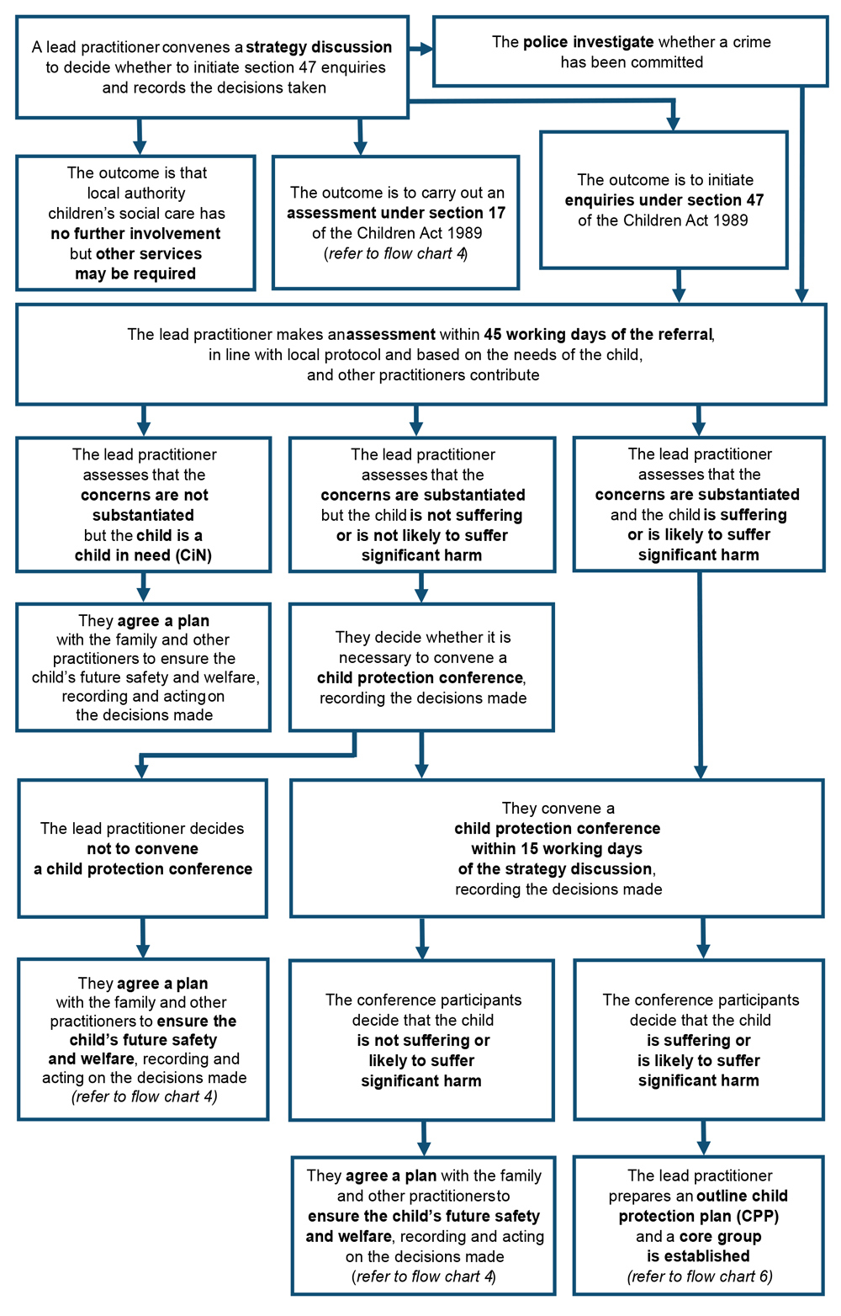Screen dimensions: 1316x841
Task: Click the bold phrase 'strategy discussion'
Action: click(319, 47)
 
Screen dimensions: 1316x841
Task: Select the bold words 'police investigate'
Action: click(588, 42)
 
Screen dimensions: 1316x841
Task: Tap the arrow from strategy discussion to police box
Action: click(420, 50)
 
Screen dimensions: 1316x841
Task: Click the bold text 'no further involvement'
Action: click(135, 234)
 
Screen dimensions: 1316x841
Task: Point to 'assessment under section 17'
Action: click(395, 213)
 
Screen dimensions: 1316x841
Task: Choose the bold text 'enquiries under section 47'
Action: click(664, 200)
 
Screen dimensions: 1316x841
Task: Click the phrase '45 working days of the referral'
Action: click(598, 335)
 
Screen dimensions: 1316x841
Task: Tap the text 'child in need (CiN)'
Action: click(143, 555)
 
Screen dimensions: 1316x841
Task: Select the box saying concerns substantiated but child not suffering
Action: click(421, 505)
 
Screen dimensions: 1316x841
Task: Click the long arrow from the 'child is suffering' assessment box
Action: click(700, 673)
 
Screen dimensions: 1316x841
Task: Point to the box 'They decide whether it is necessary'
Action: click(421, 667)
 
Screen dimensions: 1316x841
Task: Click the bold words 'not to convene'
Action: click(143, 849)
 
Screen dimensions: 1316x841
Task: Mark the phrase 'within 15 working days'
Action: click(557, 849)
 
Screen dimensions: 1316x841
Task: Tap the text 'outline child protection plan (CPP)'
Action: click(700, 1206)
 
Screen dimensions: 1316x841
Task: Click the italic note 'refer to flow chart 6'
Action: click(700, 1276)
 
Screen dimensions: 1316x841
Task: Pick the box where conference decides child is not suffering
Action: click(421, 1040)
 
